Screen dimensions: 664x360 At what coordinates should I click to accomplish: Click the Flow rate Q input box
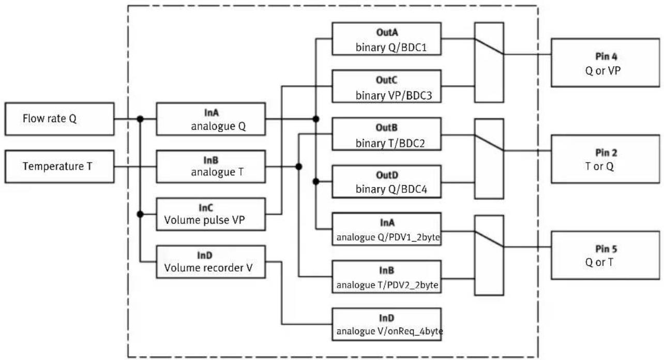tap(59, 119)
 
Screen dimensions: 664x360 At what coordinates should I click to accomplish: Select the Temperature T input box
tap(59, 167)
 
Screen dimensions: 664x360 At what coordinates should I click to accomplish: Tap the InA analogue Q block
tap(211, 119)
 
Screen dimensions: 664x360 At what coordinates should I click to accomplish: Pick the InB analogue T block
tap(211, 167)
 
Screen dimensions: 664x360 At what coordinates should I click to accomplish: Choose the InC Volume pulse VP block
tap(211, 214)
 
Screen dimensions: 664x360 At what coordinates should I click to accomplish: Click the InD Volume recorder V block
tap(211, 262)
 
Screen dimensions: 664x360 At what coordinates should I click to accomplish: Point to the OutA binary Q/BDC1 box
tap(386, 39)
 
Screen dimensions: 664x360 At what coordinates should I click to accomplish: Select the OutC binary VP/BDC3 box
tap(386, 86)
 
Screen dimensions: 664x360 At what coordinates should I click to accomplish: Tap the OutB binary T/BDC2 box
tap(386, 134)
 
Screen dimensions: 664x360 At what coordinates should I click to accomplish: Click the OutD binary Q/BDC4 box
tap(386, 182)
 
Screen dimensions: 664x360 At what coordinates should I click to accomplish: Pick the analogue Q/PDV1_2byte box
tap(386, 229)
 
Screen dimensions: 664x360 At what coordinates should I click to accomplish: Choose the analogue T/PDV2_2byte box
tap(386, 277)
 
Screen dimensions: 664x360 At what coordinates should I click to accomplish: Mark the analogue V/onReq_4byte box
tap(386, 324)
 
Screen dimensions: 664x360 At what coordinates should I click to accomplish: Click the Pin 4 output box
tap(606, 63)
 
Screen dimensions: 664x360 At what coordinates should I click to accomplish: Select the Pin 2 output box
tap(606, 159)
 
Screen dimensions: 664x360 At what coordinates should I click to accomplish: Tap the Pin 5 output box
tap(606, 255)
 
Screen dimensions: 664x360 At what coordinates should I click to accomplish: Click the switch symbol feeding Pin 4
tap(489, 47)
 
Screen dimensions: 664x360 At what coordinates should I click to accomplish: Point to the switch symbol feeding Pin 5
tap(489, 239)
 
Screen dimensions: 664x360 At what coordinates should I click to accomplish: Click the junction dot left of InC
tap(140, 214)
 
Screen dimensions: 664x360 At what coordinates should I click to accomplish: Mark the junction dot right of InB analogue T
tap(299, 167)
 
